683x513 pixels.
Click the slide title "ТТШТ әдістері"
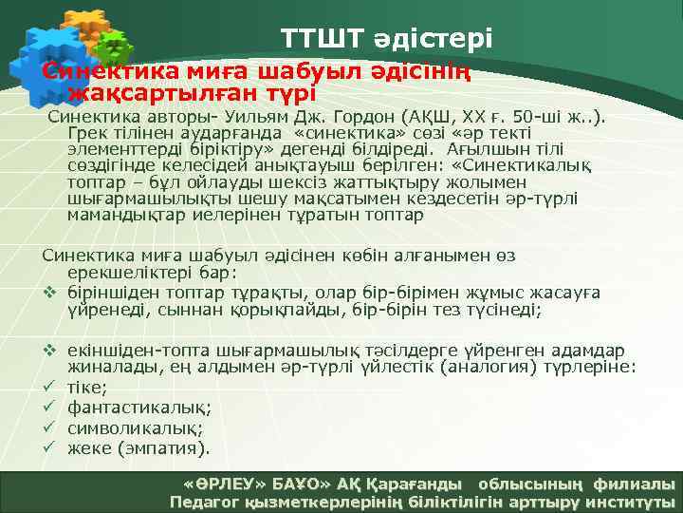click(x=386, y=39)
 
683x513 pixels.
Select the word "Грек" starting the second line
click(x=88, y=134)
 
